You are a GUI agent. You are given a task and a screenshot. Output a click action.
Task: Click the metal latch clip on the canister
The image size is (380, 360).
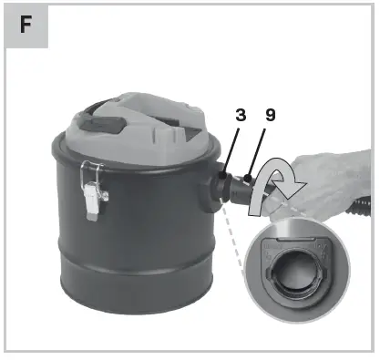click(x=92, y=187)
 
